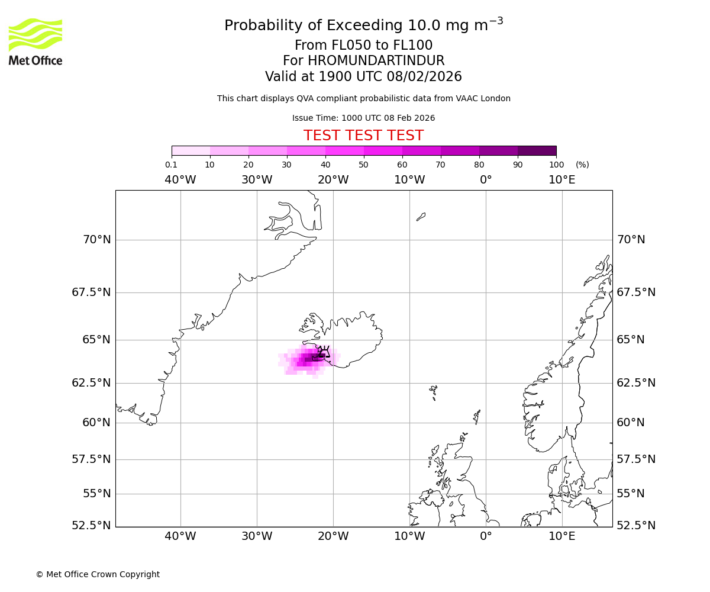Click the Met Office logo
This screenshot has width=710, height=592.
(x=35, y=41)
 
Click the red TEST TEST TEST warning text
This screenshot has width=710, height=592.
(x=363, y=136)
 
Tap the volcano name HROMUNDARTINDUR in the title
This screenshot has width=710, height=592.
(x=376, y=61)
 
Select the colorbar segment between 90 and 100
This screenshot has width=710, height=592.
(x=537, y=150)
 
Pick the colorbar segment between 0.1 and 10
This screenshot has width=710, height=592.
(x=191, y=150)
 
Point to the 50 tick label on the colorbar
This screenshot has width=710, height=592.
(x=363, y=165)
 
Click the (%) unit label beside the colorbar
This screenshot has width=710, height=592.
(x=582, y=165)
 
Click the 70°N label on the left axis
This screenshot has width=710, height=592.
(x=96, y=240)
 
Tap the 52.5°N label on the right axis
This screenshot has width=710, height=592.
(x=636, y=525)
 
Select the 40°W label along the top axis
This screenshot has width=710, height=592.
(x=180, y=180)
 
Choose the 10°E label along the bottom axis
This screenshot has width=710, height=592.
(x=561, y=536)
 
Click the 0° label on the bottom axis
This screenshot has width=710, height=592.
(x=486, y=536)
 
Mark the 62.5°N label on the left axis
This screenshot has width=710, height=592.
(x=91, y=382)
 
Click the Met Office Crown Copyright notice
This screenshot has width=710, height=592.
(x=98, y=574)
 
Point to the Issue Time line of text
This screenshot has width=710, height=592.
(x=363, y=118)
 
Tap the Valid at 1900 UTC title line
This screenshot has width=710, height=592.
(x=363, y=76)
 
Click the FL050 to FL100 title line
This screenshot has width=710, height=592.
(x=363, y=46)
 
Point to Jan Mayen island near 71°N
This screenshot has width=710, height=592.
(x=421, y=217)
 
